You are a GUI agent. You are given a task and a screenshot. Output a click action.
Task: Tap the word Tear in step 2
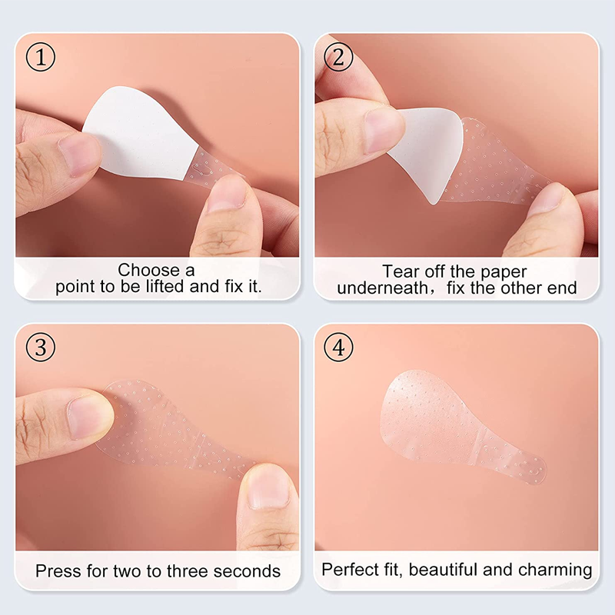click(398, 271)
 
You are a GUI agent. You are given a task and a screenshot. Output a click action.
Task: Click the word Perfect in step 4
click(347, 570)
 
